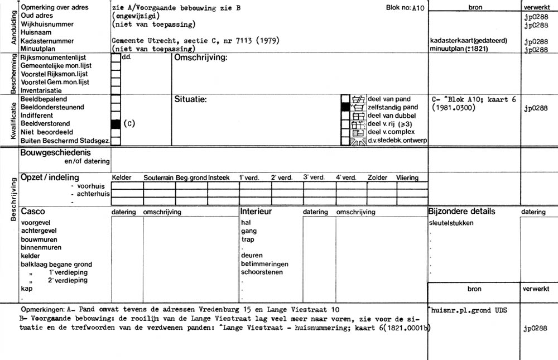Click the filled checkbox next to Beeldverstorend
[x=116, y=124]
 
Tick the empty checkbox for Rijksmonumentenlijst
[x=116, y=57]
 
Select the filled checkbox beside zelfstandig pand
[x=346, y=107]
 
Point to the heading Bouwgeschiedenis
[x=55, y=152]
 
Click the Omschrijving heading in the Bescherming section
[x=201, y=58]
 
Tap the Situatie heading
[x=191, y=99]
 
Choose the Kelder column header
[x=122, y=177]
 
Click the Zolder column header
[x=377, y=177]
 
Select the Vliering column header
[x=407, y=177]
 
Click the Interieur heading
[x=256, y=212]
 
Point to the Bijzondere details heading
[x=461, y=212]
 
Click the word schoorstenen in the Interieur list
[x=262, y=272]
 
